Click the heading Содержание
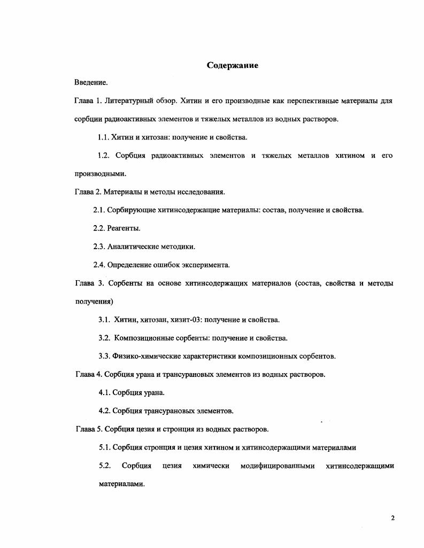(x=233, y=65)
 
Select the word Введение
(x=91, y=83)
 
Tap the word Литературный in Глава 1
(x=130, y=101)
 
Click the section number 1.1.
(x=103, y=137)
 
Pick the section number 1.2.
(x=103, y=156)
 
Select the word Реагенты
(x=124, y=228)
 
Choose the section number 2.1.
(x=99, y=210)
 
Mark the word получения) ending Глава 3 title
(x=94, y=302)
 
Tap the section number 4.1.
(x=104, y=393)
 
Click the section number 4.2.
(x=104, y=411)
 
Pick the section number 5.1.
(x=104, y=447)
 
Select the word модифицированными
(x=277, y=466)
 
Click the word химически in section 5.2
(x=211, y=466)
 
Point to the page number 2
(x=393, y=518)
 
